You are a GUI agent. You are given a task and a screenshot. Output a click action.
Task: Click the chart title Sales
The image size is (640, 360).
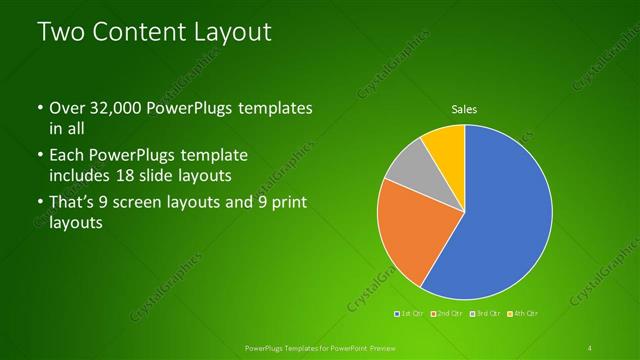pyautogui.click(x=464, y=108)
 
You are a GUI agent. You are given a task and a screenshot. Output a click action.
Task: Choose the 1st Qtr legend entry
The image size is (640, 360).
pyautogui.click(x=409, y=314)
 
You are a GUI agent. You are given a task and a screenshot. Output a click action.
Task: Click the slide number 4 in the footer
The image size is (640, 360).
pyautogui.click(x=590, y=348)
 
